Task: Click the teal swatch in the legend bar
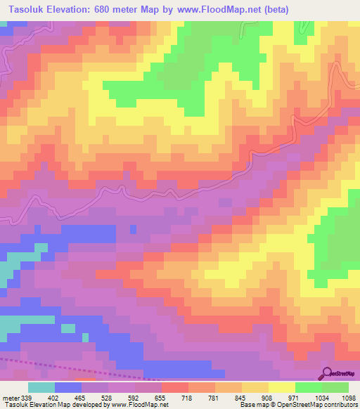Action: [41, 387]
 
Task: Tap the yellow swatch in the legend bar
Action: [282, 387]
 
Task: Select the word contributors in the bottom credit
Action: [339, 405]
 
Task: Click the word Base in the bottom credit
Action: [246, 405]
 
